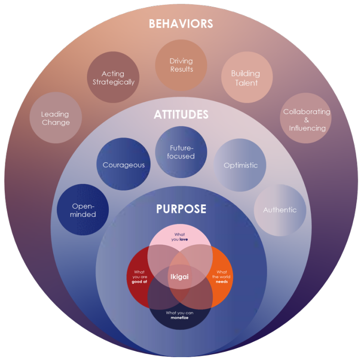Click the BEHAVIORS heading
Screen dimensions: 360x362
click(181, 24)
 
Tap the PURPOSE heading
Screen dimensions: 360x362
click(181, 209)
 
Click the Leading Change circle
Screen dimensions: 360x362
click(55, 118)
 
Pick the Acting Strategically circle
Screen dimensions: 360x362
click(113, 77)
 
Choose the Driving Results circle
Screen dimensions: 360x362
click(181, 65)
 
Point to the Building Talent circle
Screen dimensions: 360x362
click(245, 78)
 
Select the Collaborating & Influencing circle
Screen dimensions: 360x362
click(307, 119)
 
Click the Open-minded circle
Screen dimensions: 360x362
click(84, 210)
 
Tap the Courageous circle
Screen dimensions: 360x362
click(123, 165)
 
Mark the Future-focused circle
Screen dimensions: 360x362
click(181, 152)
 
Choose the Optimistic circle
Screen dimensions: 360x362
click(241, 165)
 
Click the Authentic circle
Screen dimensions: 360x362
click(280, 210)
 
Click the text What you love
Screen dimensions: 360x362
click(180, 237)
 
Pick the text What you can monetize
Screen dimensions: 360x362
click(180, 315)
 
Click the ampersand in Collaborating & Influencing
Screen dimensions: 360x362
click(307, 120)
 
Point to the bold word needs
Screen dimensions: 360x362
click(222, 281)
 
